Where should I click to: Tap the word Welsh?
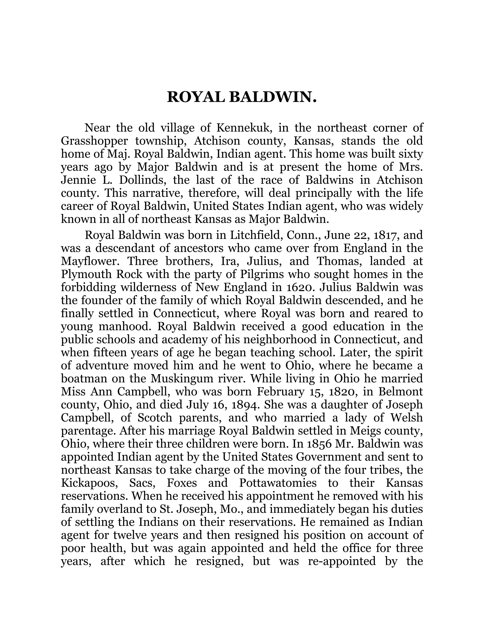point(407,418)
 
